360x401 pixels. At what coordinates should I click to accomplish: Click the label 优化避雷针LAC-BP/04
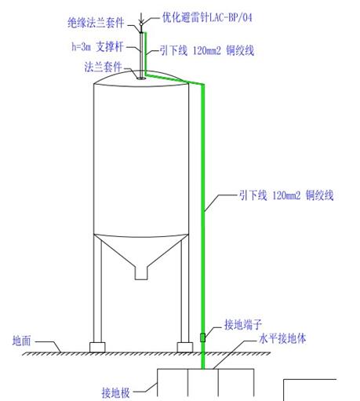pos(207,17)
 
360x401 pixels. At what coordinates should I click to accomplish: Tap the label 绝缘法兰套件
pos(96,23)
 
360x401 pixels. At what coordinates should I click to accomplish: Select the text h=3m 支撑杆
pos(97,47)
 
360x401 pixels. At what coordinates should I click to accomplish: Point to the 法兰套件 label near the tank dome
pos(103,67)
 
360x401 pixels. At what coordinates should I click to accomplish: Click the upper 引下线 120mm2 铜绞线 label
pos(207,50)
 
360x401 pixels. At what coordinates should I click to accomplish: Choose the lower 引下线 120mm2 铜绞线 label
pos(286,195)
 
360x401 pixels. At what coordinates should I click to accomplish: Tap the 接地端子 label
pos(243,324)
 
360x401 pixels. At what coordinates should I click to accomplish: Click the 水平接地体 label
pos(282,338)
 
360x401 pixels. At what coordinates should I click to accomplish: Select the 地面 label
pos(22,341)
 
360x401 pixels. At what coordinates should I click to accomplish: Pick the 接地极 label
pos(116,392)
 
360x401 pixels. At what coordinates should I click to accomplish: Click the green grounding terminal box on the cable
pos(202,337)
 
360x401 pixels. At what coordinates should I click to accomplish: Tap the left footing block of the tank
pos(97,348)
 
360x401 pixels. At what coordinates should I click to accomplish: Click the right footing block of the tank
pos(185,348)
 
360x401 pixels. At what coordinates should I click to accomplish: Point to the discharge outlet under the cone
pos(141,273)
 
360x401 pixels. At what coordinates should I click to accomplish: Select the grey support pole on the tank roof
pos(141,55)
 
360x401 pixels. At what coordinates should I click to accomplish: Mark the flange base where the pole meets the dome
pos(141,78)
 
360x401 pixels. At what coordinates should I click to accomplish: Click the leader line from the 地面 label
pos(48,346)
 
